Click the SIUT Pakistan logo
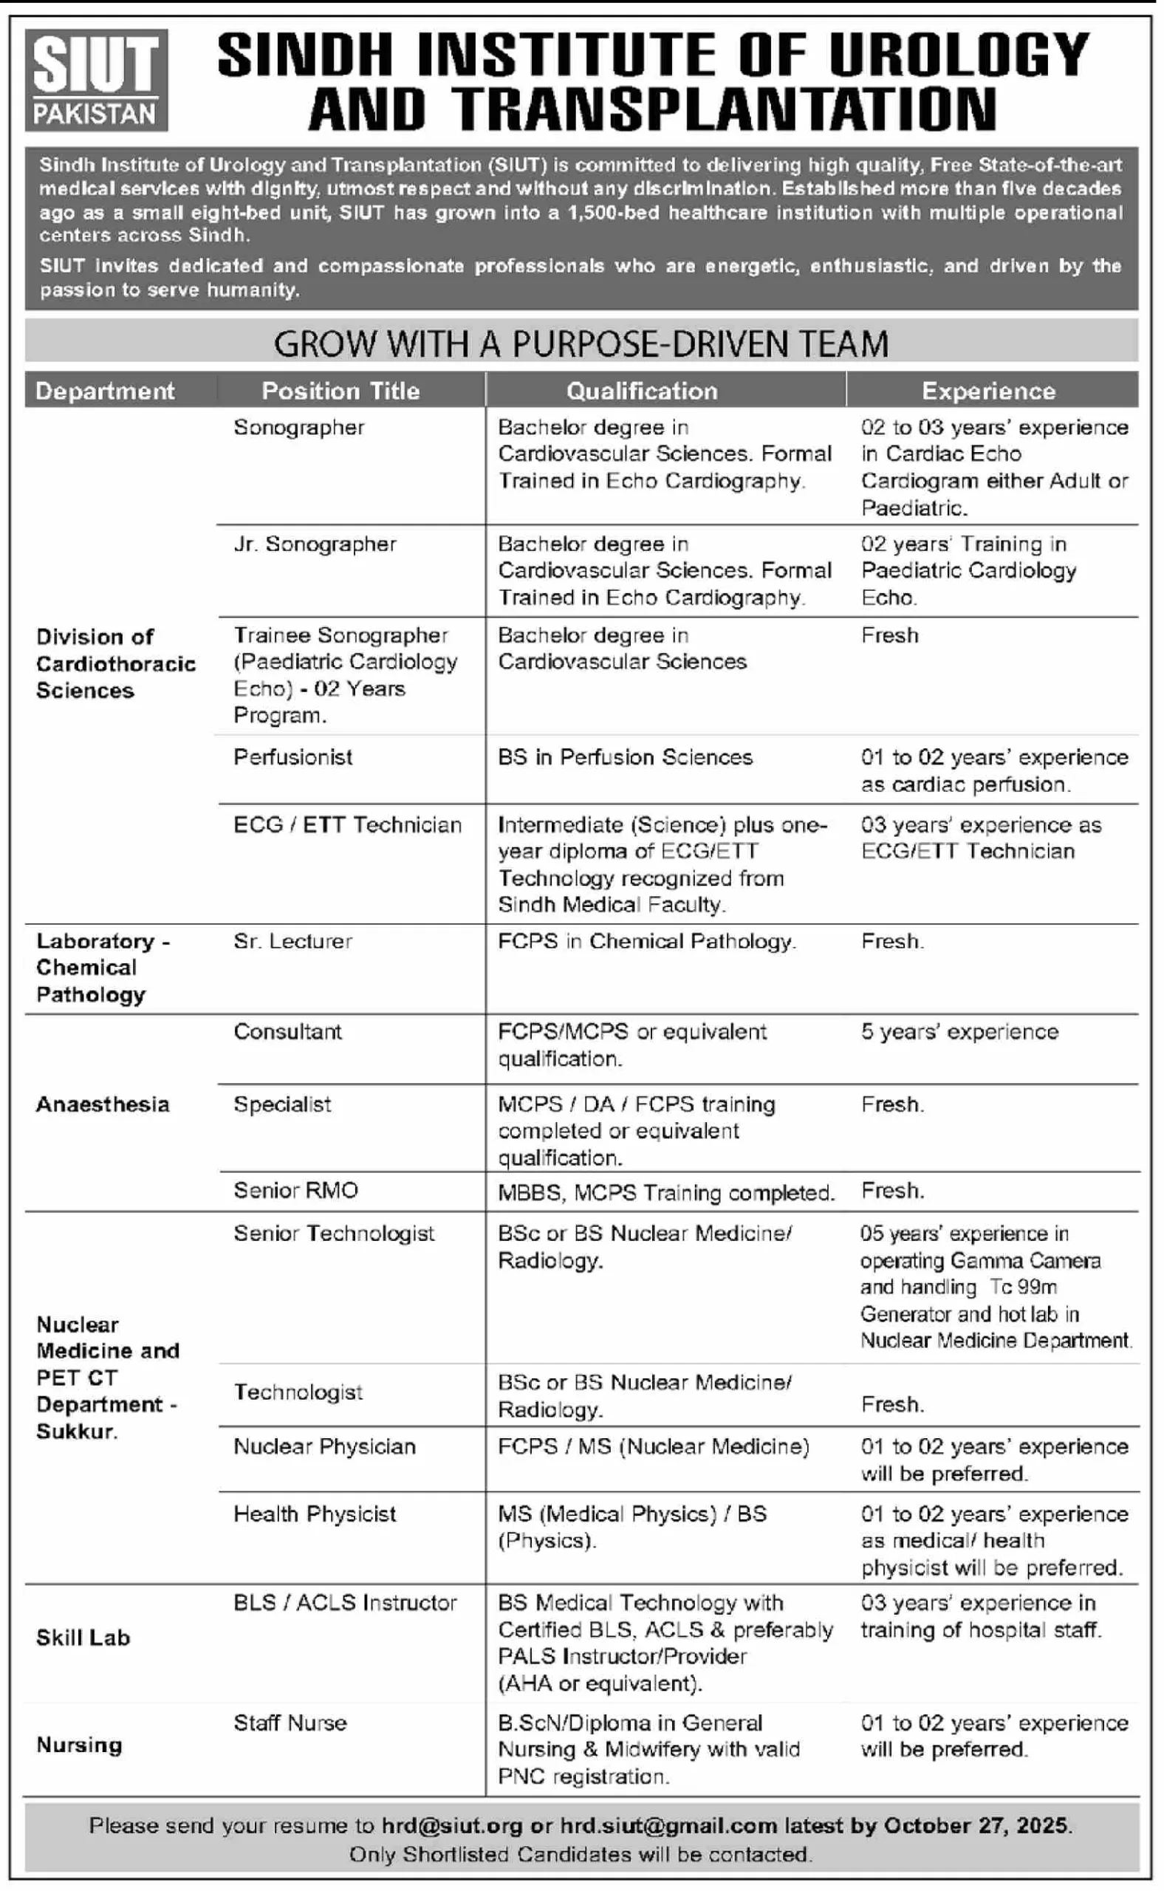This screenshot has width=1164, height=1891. point(96,80)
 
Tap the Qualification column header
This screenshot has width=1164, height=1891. point(642,391)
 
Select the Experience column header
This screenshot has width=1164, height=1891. point(988,391)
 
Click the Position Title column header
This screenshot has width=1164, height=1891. point(340,391)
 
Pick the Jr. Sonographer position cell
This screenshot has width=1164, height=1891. point(315,544)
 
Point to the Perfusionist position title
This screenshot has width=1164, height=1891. point(293,758)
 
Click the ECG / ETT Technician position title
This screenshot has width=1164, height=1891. point(347,825)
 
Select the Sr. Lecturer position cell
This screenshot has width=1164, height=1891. point(292,942)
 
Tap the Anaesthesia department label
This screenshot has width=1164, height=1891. point(103,1105)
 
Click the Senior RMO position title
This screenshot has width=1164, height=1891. point(295,1191)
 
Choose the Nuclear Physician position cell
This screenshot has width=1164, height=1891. point(324,1448)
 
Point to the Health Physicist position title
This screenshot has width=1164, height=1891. point(315,1514)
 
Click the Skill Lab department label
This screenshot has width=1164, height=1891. point(83,1638)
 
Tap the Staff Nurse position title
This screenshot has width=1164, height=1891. point(290,1723)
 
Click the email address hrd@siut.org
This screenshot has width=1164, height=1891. point(452,1826)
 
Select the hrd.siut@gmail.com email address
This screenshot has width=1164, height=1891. point(668,1826)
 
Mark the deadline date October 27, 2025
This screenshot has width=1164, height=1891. point(976,1826)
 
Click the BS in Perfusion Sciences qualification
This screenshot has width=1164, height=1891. point(625,758)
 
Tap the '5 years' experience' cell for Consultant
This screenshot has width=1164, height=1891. point(960,1033)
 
